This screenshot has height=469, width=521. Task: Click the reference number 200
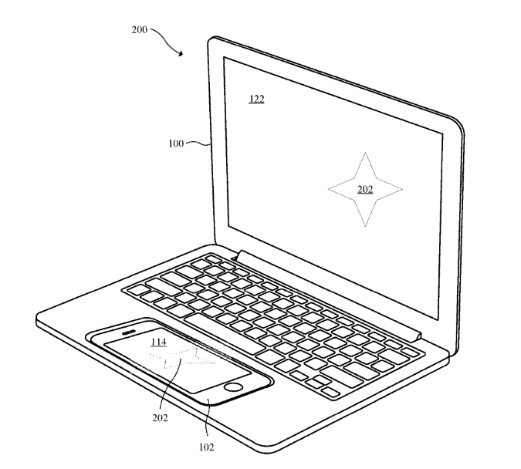pos(139,30)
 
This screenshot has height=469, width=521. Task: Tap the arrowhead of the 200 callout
pos(181,53)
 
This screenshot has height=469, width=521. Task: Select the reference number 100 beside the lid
pos(176,143)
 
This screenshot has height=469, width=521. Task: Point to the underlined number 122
pos(256,99)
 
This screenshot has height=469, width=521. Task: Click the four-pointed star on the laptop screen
pos(365,189)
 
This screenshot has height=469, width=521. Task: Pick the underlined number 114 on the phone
pos(159,342)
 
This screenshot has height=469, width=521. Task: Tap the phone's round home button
pos(233,387)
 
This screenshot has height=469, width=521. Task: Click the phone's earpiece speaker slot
pos(129,332)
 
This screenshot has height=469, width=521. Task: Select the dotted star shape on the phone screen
pos(182,358)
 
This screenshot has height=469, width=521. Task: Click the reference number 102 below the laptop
pos(206,447)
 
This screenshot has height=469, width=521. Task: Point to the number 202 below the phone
pos(160,418)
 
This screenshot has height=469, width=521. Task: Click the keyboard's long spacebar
pos(223,333)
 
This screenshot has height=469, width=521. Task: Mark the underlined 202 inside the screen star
pos(365,189)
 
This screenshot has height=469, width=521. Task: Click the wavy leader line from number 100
pos(198,143)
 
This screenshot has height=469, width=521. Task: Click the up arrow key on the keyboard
pos(322,379)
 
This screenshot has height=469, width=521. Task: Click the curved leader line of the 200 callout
pos(166,39)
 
